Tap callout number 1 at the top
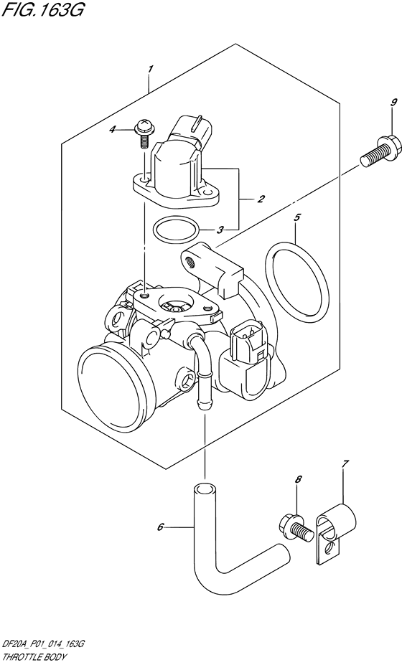pyautogui.click(x=150, y=69)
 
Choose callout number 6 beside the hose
pyautogui.click(x=161, y=528)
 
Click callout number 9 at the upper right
pyautogui.click(x=373, y=103)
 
